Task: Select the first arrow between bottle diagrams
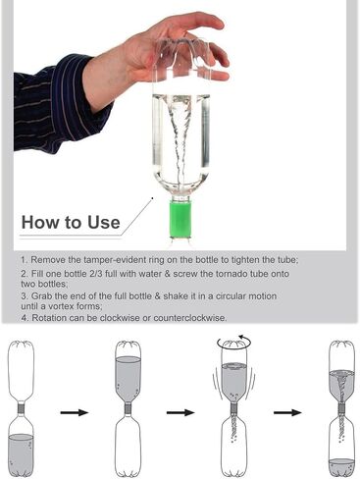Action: coord(75,412)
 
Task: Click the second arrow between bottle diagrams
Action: coord(180,412)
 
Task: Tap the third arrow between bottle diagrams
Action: coord(287,412)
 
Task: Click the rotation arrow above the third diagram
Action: coord(234,342)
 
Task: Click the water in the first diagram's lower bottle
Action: coord(21,454)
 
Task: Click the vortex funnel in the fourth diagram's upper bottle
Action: coord(341,386)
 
